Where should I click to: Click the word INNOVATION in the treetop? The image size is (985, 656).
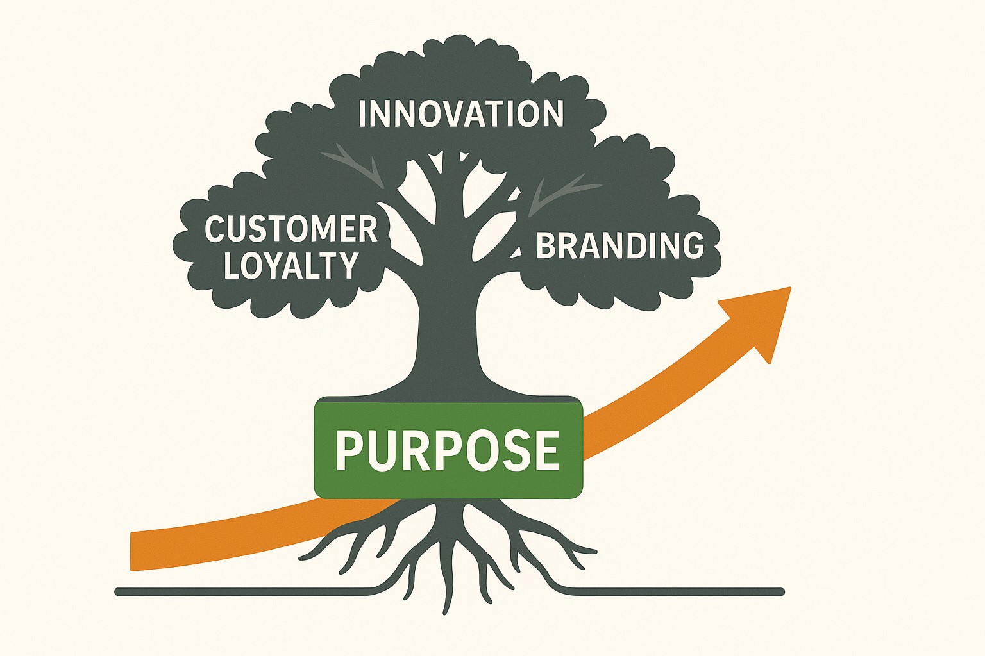(460, 114)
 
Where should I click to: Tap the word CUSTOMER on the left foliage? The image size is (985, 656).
(290, 229)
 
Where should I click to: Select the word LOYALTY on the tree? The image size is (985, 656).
(290, 265)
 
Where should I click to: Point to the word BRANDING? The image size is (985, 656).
(619, 245)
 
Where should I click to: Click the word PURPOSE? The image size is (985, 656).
(447, 450)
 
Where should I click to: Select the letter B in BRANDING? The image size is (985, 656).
(545, 245)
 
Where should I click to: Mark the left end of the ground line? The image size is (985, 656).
(118, 591)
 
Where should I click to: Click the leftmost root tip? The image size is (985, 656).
(302, 557)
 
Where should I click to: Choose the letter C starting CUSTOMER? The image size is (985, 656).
(214, 229)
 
